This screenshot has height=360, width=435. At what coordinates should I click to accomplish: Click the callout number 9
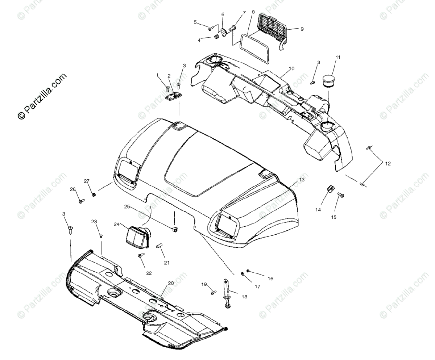coord(302,29)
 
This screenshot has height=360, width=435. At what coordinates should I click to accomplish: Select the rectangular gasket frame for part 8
coord(255,45)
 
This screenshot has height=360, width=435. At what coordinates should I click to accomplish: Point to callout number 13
coord(302,179)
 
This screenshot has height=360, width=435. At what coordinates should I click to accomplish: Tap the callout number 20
coord(171,283)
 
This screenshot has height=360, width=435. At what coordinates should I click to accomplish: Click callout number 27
coord(87,181)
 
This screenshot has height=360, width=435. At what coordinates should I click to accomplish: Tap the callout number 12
coord(388,164)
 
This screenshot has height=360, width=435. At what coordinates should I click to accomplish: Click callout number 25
coord(127,207)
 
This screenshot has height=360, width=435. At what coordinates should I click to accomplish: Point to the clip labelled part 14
coord(330,188)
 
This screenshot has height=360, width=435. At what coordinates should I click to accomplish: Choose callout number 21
coord(166,263)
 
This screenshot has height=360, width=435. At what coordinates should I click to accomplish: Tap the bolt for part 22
coord(140,256)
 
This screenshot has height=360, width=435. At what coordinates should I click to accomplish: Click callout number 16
coord(270,279)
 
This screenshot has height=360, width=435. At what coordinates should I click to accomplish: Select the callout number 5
coord(195,22)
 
